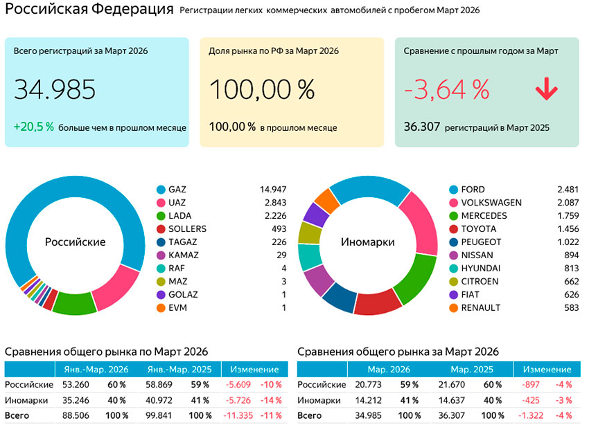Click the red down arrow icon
tap(546, 89)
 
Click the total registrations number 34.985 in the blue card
tap(55, 90)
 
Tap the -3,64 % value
tap(446, 90)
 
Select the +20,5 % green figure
tap(34, 127)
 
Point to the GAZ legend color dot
tap(161, 189)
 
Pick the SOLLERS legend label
tap(187, 228)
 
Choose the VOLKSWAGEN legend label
tap(491, 203)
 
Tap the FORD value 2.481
tap(567, 189)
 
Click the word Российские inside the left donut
tap(75, 242)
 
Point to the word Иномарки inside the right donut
tap(367, 242)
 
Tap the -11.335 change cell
tap(238, 416)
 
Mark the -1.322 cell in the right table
tap(532, 416)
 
